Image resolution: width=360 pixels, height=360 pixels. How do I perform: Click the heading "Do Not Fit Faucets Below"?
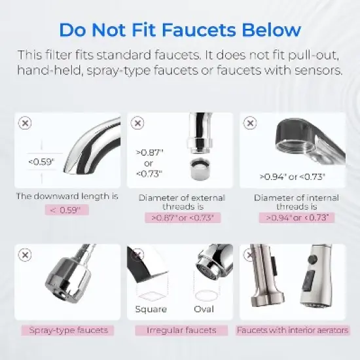(180, 30)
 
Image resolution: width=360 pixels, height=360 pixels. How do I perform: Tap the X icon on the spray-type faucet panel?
(25, 255)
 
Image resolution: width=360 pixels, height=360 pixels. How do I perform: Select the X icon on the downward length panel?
(25, 122)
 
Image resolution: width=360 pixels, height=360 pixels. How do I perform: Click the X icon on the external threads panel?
(137, 122)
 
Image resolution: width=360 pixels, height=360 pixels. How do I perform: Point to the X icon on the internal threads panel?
(249, 122)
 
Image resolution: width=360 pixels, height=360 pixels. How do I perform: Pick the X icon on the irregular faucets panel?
(137, 255)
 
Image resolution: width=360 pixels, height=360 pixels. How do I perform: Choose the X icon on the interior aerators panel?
(249, 255)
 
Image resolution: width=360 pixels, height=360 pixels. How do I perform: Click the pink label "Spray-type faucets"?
(67, 331)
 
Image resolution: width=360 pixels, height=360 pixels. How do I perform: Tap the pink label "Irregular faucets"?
(181, 331)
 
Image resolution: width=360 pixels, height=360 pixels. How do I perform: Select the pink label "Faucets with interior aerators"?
(293, 331)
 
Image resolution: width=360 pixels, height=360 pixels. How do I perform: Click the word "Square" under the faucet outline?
(151, 309)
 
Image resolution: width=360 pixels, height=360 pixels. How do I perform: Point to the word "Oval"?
(204, 309)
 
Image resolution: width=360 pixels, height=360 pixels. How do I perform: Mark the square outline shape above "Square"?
(151, 293)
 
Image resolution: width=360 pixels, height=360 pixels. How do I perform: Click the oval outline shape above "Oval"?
(204, 293)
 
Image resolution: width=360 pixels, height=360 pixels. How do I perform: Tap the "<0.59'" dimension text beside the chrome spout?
(41, 162)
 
